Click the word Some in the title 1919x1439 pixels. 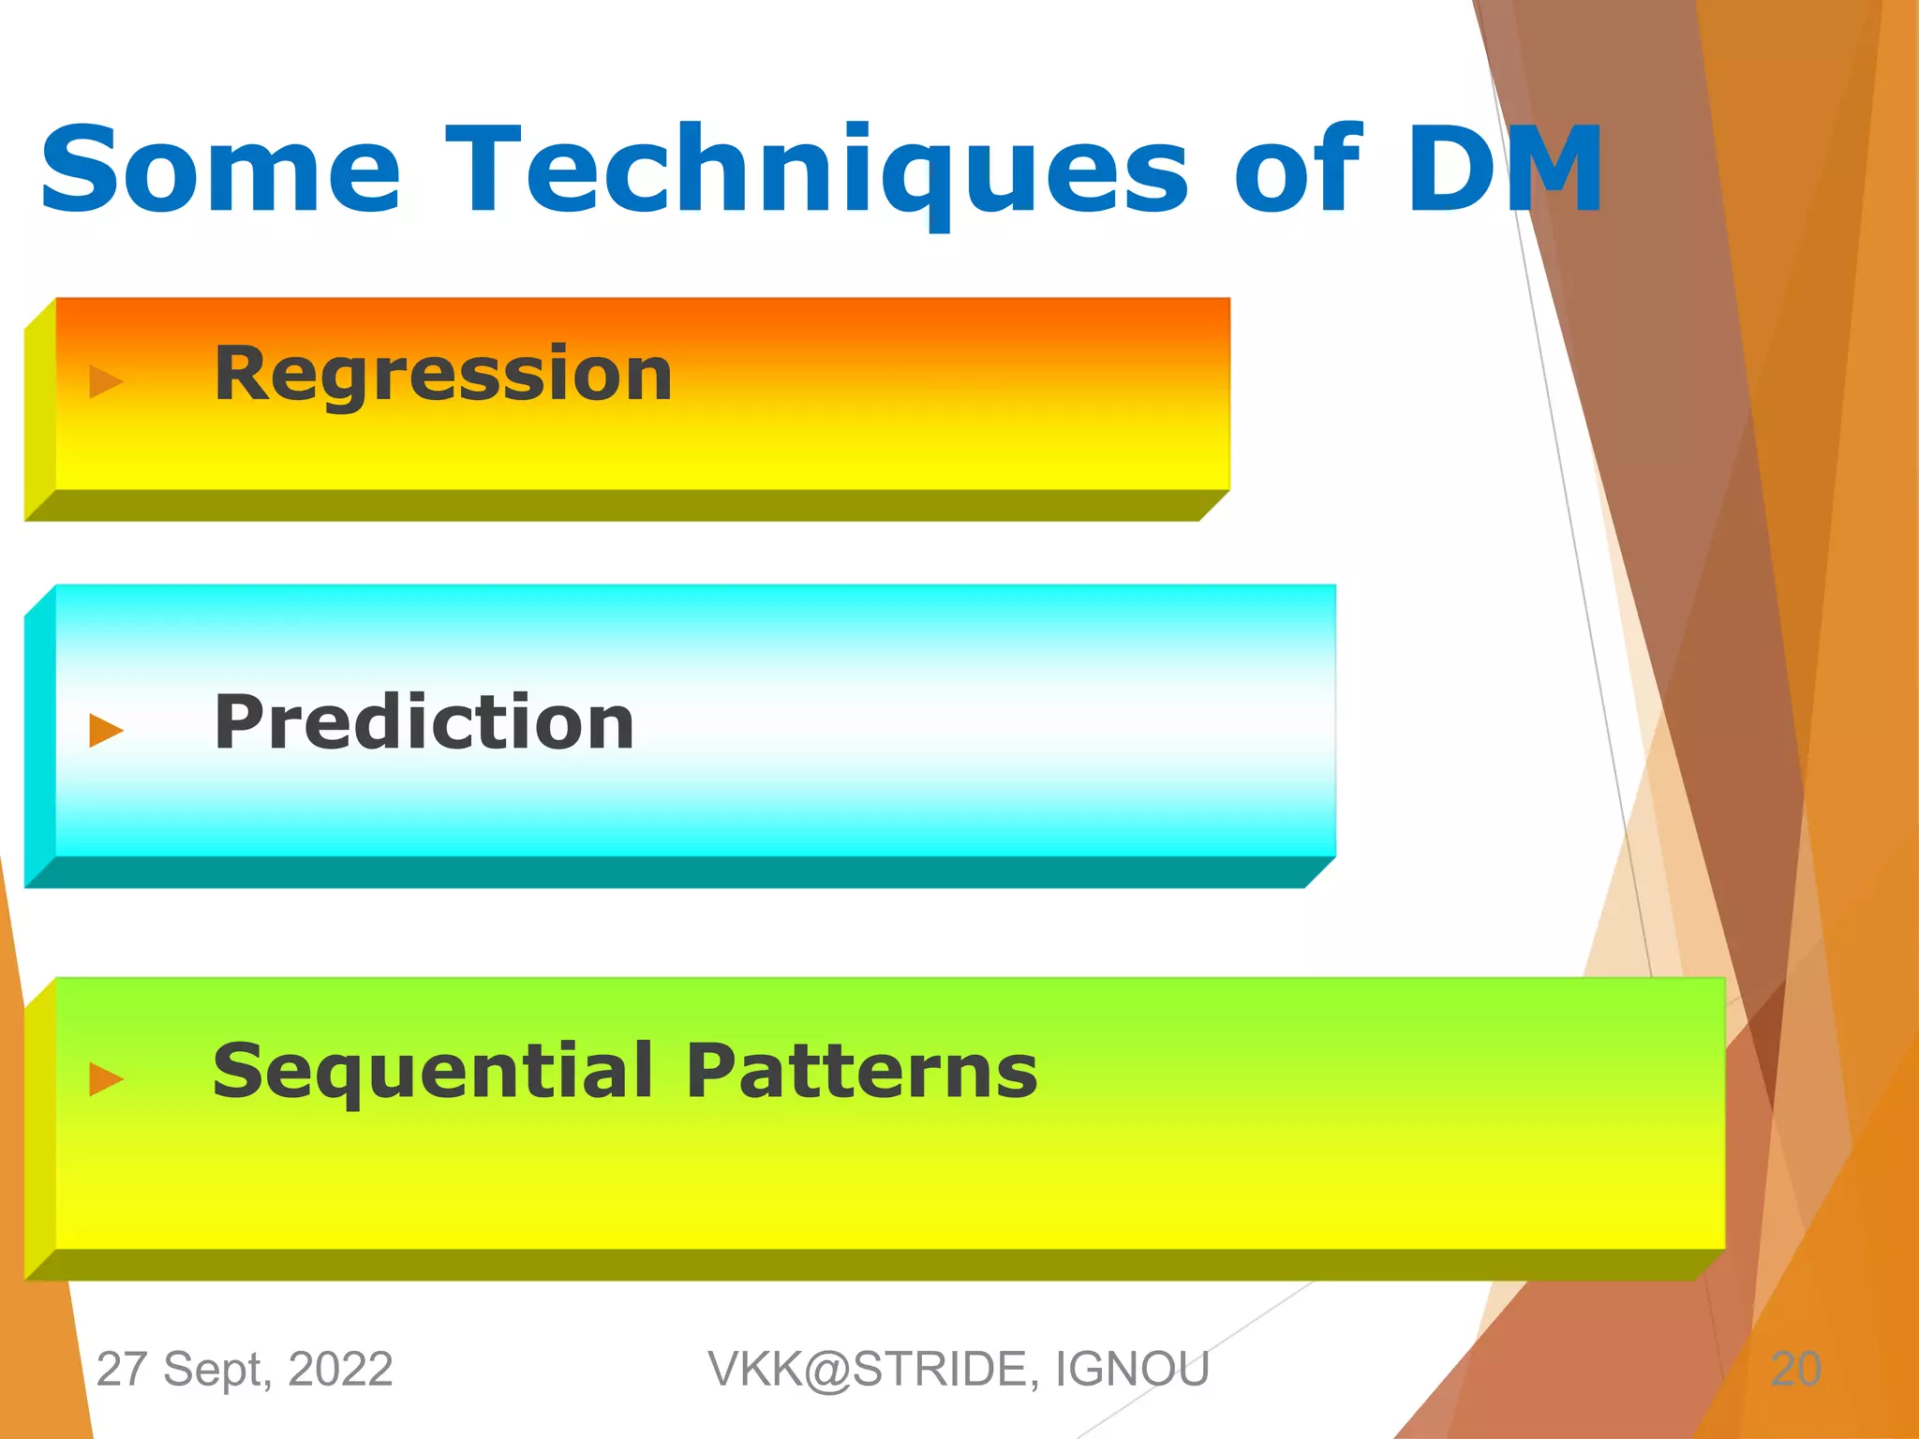click(x=221, y=171)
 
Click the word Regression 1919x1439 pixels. click(x=443, y=375)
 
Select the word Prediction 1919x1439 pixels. click(x=424, y=722)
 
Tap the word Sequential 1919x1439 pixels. click(x=433, y=1072)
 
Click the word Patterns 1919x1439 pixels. click(x=861, y=1070)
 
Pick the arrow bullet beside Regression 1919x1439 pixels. click(x=106, y=381)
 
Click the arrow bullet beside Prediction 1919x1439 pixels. click(x=106, y=730)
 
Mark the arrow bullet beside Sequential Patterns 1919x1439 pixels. click(x=106, y=1078)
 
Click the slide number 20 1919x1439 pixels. click(x=1795, y=1369)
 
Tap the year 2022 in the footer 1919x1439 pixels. click(x=340, y=1369)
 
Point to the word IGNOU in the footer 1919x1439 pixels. click(x=1133, y=1369)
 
